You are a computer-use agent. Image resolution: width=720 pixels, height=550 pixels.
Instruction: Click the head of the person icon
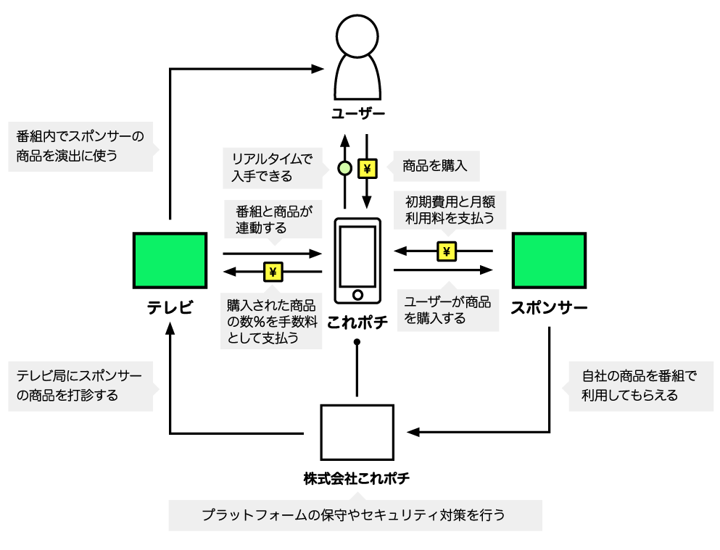357,36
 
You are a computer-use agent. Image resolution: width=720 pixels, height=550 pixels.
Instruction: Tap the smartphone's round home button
357,295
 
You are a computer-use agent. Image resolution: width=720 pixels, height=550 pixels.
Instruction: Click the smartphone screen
357,256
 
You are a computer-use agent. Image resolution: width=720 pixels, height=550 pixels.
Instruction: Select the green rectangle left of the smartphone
170,260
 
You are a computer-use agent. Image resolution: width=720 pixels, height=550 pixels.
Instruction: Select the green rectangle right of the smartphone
549,260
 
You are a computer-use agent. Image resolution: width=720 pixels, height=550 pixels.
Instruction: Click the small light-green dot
345,168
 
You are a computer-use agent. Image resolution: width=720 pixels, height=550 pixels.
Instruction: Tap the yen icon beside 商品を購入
368,169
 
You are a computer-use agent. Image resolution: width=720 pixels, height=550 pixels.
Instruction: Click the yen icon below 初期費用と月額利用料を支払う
447,251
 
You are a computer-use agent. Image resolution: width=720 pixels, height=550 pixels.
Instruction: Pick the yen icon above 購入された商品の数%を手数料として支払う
273,272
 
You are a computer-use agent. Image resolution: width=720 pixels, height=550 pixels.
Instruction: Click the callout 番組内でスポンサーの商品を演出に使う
80,146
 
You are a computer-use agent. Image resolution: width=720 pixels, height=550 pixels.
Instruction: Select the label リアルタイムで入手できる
272,167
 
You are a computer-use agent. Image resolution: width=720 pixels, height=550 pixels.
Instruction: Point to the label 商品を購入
436,166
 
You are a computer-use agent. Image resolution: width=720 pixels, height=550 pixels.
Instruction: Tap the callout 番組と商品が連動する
273,219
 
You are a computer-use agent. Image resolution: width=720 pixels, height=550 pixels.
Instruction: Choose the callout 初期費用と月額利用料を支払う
450,209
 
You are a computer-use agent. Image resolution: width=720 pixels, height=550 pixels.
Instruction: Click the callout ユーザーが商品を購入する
448,310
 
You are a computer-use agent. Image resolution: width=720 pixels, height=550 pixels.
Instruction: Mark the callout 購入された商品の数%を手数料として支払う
271,321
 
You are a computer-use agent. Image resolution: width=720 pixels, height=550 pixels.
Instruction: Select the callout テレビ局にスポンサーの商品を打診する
80,386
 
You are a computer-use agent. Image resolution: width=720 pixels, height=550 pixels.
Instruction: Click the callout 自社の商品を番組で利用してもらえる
640,386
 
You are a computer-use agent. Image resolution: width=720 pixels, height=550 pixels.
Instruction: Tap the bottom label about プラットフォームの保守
355,515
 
